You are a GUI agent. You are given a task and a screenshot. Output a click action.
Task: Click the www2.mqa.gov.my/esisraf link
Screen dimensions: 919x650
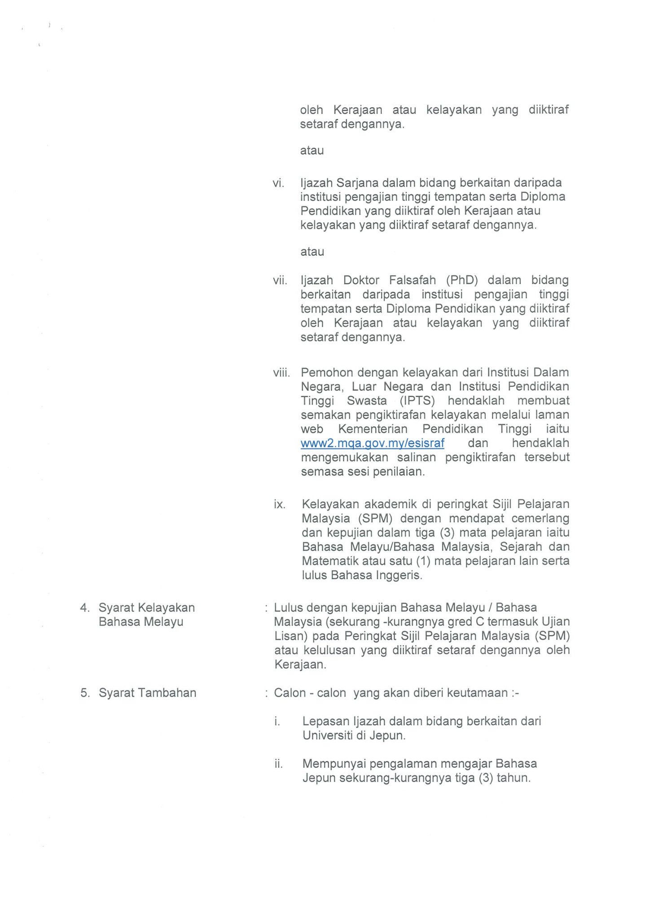click(372, 443)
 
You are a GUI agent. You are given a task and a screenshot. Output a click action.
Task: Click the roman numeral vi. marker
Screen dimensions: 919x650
click(278, 183)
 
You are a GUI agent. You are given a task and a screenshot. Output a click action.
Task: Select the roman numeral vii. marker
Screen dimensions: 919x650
click(280, 280)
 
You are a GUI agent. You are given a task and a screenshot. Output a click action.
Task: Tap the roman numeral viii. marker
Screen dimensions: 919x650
click(281, 373)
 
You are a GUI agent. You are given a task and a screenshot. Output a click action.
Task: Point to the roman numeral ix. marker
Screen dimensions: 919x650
click(279, 505)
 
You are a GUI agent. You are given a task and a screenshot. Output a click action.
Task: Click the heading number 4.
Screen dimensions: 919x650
click(85, 608)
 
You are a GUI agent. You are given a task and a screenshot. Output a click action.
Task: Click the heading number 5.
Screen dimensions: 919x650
click(85, 693)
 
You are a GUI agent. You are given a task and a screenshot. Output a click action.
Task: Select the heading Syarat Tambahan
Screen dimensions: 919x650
click(147, 693)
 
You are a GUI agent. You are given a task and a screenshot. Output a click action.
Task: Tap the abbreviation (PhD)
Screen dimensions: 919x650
click(462, 280)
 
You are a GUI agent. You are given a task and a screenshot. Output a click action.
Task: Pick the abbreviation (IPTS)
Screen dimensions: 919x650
click(417, 401)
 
